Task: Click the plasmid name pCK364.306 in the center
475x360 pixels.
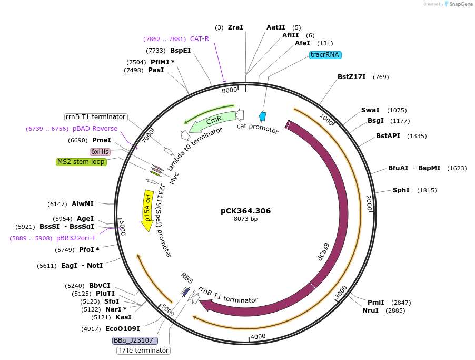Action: point(245,211)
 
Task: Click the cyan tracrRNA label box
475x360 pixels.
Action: point(326,55)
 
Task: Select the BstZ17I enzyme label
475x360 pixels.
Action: point(352,77)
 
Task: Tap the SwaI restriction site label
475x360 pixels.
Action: point(370,110)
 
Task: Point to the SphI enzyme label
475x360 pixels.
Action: point(401,190)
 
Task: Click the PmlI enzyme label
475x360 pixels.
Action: point(375,302)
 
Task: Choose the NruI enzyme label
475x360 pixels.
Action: point(370,310)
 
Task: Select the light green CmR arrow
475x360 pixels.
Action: point(211,121)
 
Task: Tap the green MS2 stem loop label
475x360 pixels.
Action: point(81,162)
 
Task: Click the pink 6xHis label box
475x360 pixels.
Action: point(100,151)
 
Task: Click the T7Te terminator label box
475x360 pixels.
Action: point(143,350)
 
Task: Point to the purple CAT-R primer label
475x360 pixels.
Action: point(200,38)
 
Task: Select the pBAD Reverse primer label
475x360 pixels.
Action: point(95,129)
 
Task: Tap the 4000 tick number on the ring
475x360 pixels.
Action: point(258,336)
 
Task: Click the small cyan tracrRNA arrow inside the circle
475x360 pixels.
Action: point(262,116)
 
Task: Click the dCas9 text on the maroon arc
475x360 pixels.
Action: point(323,251)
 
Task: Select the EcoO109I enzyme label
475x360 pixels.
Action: point(123,328)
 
